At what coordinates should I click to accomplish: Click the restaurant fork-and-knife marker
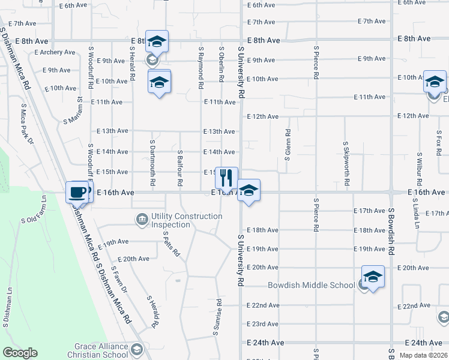[x=226, y=178]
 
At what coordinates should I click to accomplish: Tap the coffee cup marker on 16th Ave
[x=77, y=192]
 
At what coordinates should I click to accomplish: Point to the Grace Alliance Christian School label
[x=101, y=350]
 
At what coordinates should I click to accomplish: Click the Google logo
[x=20, y=353]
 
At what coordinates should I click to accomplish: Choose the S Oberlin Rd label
[x=221, y=64]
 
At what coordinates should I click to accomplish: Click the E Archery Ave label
[x=55, y=52]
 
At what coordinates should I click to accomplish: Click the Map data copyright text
[x=423, y=355]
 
